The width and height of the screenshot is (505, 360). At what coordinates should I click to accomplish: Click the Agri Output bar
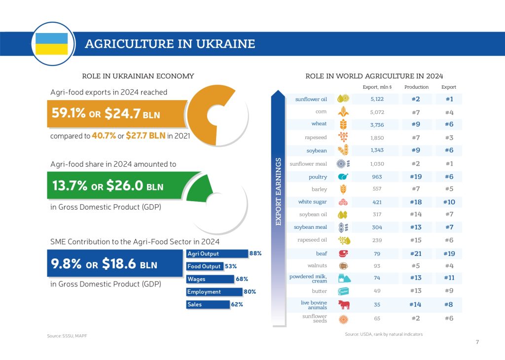[x=217, y=253]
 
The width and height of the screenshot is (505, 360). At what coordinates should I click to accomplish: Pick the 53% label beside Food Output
[x=231, y=266]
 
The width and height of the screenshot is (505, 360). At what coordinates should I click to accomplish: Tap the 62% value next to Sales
[x=237, y=305]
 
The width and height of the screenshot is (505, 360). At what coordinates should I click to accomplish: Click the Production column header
[x=416, y=87]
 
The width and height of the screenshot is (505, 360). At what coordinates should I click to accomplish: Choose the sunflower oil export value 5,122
[x=377, y=99]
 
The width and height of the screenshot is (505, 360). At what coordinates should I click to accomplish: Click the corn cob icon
[x=343, y=112]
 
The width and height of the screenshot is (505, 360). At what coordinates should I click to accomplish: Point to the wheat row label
[x=319, y=124]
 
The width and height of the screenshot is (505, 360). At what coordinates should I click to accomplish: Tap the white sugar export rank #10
[x=448, y=202]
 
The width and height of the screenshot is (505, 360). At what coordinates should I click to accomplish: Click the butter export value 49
[x=377, y=291]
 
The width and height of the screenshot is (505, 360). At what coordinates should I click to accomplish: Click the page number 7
[x=477, y=342]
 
